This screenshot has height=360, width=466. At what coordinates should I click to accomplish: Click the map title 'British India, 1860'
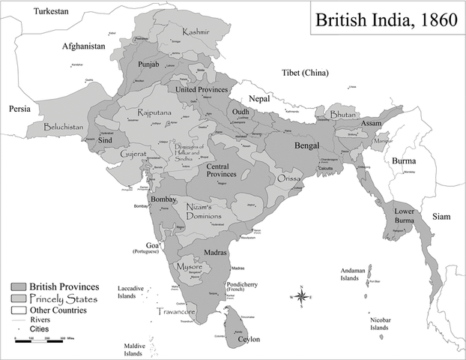click(x=386, y=20)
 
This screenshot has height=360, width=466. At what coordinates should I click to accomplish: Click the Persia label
click(x=19, y=109)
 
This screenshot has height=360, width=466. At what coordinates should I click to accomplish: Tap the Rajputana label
click(x=155, y=112)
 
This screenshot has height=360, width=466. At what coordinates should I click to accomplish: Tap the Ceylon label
click(x=248, y=340)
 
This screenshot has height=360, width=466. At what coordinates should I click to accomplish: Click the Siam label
click(x=441, y=217)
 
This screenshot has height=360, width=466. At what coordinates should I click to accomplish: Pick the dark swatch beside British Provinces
click(x=19, y=287)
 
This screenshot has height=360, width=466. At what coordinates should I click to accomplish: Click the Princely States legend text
click(x=60, y=298)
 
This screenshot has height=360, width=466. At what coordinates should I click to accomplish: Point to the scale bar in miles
click(x=40, y=340)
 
